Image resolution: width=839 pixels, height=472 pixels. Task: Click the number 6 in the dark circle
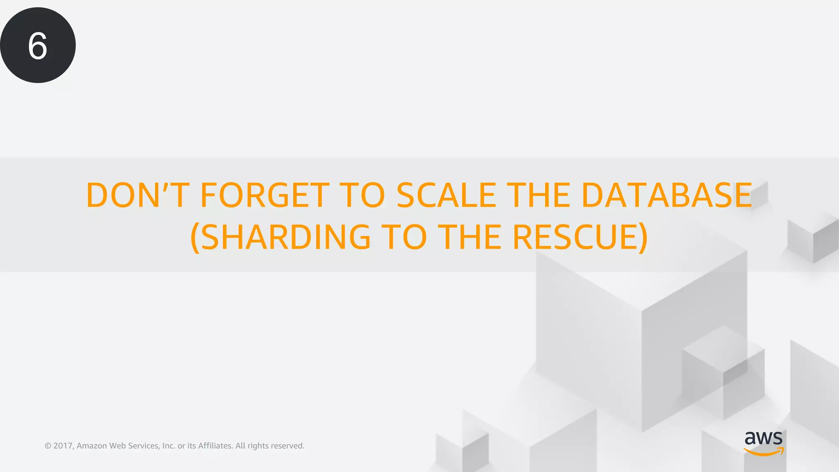(38, 46)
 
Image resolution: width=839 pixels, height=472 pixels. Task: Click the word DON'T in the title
(138, 195)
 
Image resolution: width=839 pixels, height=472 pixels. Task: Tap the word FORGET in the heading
(265, 195)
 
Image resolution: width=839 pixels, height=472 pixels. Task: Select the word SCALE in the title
(446, 195)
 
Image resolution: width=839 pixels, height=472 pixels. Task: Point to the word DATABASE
(667, 195)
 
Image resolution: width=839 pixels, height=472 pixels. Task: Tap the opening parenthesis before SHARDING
(195, 238)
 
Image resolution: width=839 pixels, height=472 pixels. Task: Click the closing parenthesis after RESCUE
(643, 238)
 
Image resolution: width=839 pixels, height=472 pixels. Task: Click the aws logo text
(763, 438)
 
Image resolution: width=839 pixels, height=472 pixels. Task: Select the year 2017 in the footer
(63, 446)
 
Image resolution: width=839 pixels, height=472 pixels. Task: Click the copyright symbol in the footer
(48, 446)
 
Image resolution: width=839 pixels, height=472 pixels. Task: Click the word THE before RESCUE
(469, 237)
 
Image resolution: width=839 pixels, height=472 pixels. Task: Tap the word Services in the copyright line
(143, 446)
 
